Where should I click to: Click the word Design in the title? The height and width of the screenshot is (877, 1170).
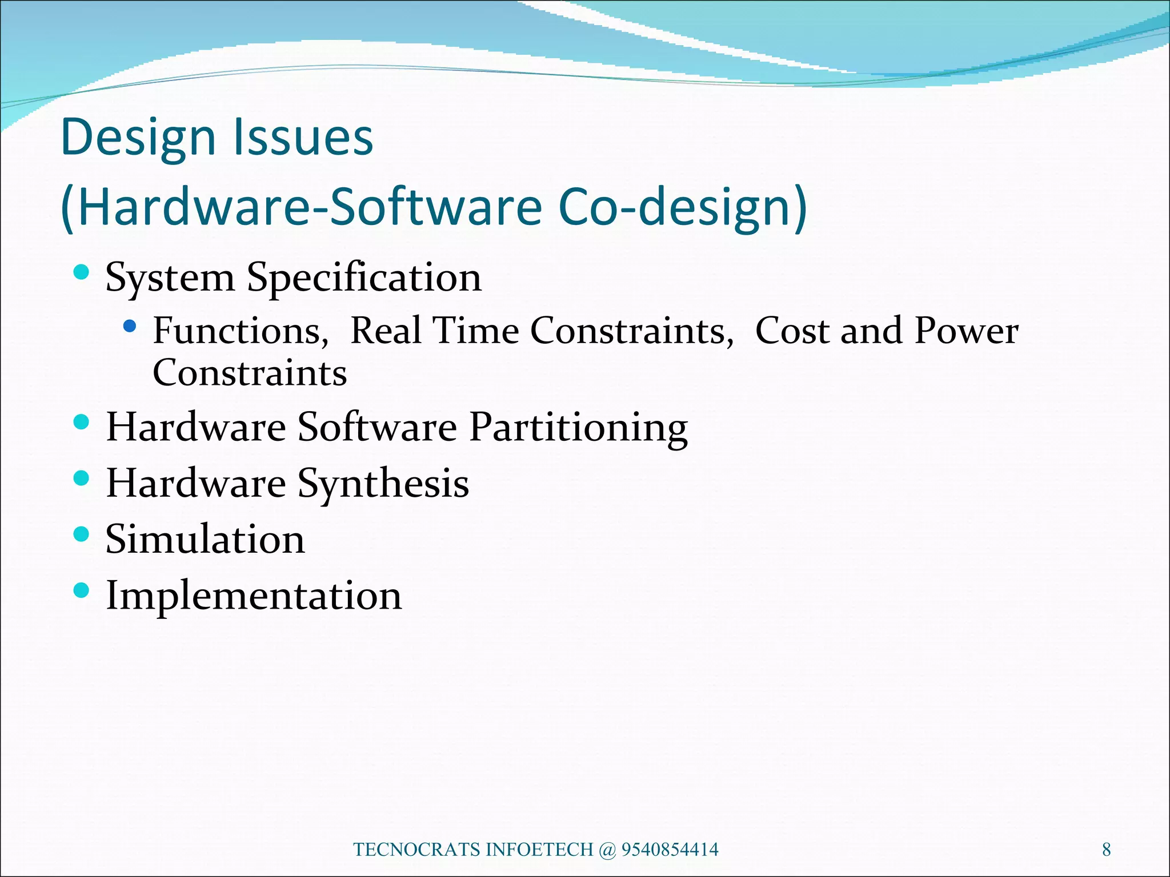pos(138,138)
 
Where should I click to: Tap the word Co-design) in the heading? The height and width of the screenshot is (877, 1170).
pos(683,207)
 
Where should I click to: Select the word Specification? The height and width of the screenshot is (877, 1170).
pos(364,277)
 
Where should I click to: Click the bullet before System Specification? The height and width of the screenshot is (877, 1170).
pos(82,272)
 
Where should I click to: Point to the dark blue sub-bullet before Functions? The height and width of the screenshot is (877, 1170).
pos(130,326)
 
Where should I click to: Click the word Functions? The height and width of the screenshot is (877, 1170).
pos(241,331)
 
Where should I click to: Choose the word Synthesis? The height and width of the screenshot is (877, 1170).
pos(383,484)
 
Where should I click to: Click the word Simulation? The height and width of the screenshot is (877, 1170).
pos(205,539)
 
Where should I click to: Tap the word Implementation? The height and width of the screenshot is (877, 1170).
pos(254,596)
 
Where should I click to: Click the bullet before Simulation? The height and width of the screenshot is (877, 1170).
pos(82,534)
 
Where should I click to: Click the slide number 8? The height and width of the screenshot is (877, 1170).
pos(1106,850)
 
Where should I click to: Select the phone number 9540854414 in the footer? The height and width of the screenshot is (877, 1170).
pos(670,850)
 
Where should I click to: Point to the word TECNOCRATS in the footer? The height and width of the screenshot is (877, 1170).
pos(417,850)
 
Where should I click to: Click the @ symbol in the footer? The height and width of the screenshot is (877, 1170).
pos(607,850)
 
